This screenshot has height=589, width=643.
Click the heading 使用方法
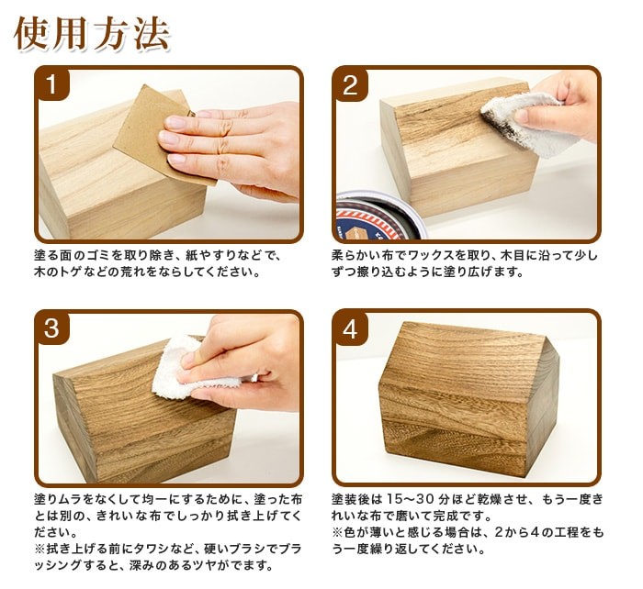[92, 34]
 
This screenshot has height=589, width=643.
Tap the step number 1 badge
[52, 84]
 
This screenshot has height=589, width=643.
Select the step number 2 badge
[350, 84]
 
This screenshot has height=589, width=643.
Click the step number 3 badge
[52, 328]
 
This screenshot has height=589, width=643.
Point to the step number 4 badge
[350, 328]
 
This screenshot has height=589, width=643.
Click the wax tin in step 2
[381, 215]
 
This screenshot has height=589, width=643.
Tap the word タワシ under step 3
[159, 549]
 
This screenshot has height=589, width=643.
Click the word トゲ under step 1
[72, 272]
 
